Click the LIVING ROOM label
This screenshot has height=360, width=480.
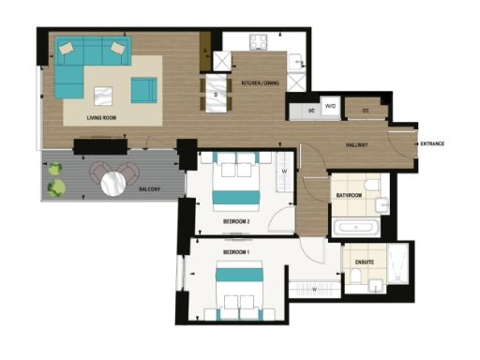[x=100, y=117]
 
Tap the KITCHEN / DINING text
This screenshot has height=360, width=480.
[x=258, y=83]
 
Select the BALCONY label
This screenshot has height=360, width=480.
[x=148, y=189]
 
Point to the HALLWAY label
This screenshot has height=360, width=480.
[x=355, y=144]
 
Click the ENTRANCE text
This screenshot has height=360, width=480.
[x=432, y=143]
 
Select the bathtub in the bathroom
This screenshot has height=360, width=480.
[x=353, y=227]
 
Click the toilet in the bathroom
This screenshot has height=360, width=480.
[x=371, y=184]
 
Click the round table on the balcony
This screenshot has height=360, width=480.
[x=114, y=184]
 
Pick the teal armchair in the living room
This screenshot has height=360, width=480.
[x=143, y=90]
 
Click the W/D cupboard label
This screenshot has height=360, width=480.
[x=330, y=108]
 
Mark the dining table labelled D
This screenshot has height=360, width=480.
[x=217, y=95]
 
